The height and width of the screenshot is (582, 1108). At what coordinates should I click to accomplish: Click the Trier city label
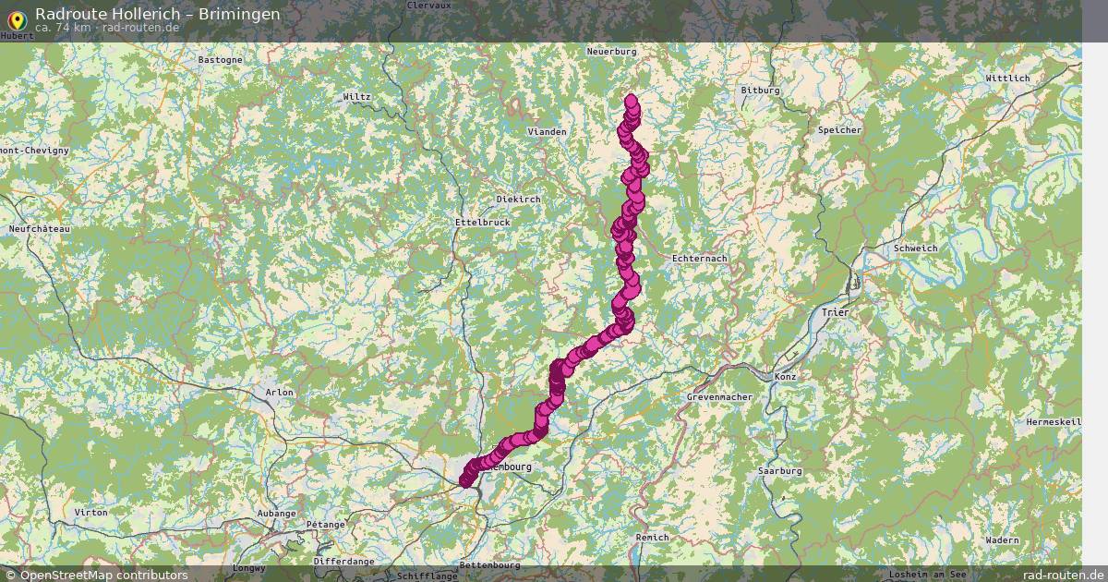pyautogui.click(x=835, y=312)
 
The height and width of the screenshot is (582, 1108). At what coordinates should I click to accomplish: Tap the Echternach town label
pyautogui.click(x=700, y=259)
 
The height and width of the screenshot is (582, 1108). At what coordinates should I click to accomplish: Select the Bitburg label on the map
pyautogui.click(x=761, y=91)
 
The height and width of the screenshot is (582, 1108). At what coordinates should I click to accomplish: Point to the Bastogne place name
pyautogui.click(x=221, y=60)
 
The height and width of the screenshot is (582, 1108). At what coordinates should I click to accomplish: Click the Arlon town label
pyautogui.click(x=279, y=393)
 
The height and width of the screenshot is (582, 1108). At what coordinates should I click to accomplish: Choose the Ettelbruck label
pyautogui.click(x=483, y=223)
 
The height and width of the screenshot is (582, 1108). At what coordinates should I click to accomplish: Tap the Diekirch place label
pyautogui.click(x=518, y=199)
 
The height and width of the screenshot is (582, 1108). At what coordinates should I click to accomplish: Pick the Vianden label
pyautogui.click(x=547, y=132)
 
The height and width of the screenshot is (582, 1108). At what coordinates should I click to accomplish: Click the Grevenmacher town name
pyautogui.click(x=720, y=397)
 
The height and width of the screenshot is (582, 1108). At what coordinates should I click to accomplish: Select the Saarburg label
pyautogui.click(x=779, y=471)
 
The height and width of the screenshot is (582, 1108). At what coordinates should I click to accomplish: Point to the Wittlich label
pyautogui.click(x=1007, y=79)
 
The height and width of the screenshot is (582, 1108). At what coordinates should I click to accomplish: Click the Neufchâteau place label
pyautogui.click(x=39, y=228)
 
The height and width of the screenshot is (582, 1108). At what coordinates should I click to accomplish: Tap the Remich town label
pyautogui.click(x=652, y=538)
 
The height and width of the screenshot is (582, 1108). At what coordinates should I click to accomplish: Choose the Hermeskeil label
pyautogui.click(x=1054, y=422)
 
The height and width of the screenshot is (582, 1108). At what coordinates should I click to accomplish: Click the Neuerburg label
pyautogui.click(x=612, y=52)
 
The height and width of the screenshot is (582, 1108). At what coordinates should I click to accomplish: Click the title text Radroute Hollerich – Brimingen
pyautogui.click(x=158, y=14)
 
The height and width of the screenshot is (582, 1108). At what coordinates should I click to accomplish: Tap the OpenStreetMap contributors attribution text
pyautogui.click(x=103, y=575)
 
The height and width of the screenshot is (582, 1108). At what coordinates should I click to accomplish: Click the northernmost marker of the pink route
pyautogui.click(x=631, y=100)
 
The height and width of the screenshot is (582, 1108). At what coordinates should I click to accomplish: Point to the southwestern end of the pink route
pyautogui.click(x=464, y=480)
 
